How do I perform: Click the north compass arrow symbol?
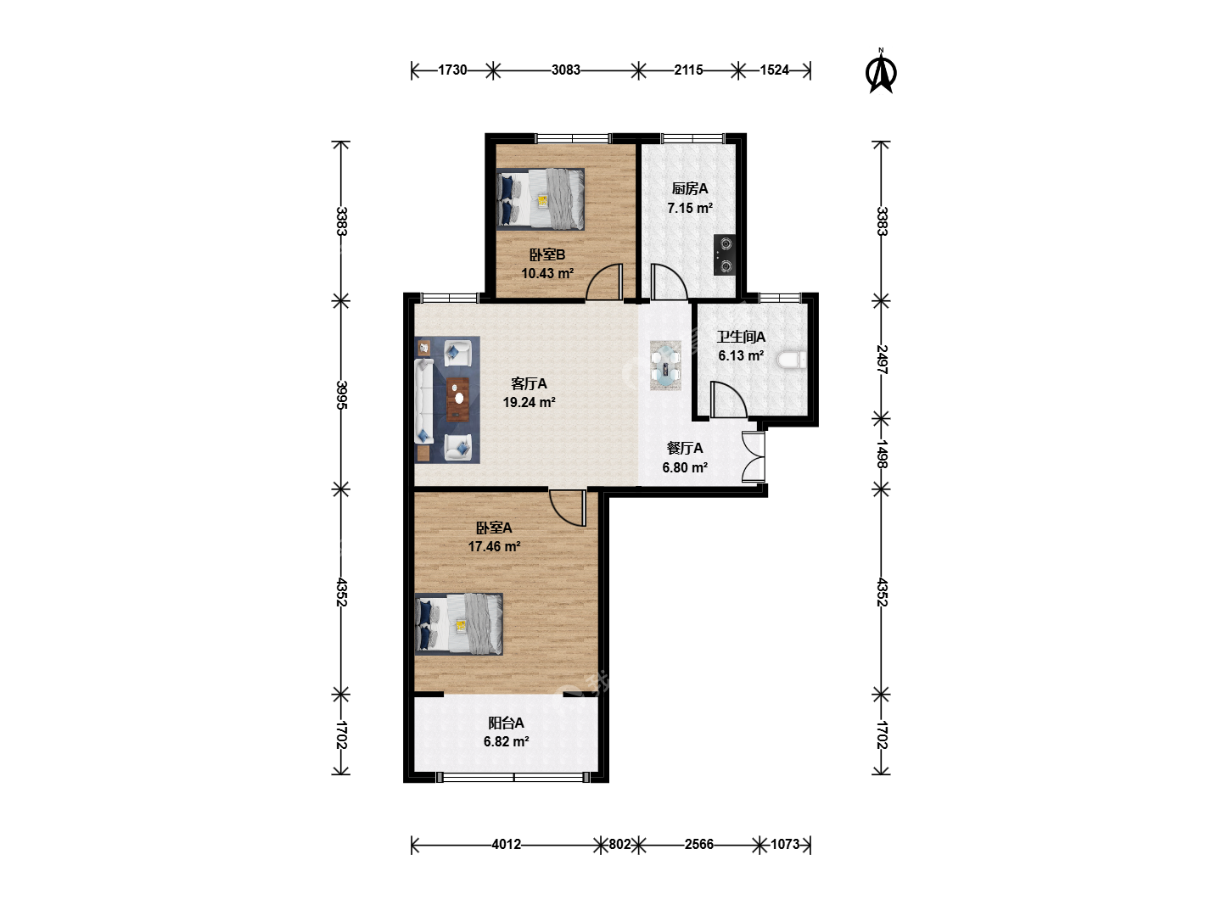click(x=881, y=72)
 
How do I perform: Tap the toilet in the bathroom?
click(x=792, y=360)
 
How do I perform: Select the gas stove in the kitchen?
click(x=725, y=254)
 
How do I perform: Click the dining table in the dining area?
click(x=666, y=366)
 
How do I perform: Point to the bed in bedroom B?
click(x=540, y=199)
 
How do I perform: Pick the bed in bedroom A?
click(x=459, y=624)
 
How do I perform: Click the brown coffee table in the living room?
click(x=458, y=399)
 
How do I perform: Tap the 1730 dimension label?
click(x=452, y=70)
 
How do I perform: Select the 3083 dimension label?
click(x=566, y=70)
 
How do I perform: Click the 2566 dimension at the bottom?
click(x=698, y=845)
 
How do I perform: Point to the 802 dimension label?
click(x=619, y=845)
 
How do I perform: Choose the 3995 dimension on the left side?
click(x=342, y=395)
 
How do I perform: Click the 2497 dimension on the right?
click(x=882, y=360)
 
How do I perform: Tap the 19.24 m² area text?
click(x=529, y=403)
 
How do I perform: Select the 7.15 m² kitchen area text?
click(x=690, y=208)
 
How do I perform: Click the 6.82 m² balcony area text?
click(x=506, y=742)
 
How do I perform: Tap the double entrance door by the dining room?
click(x=754, y=456)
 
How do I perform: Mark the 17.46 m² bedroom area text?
click(x=495, y=547)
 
